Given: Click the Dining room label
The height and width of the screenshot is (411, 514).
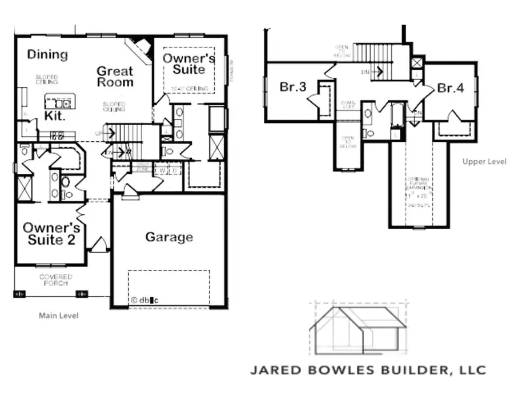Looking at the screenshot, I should click(x=48, y=55).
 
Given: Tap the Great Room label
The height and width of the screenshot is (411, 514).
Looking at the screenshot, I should click(x=115, y=77).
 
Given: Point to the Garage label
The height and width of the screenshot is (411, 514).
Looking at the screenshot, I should click(x=168, y=237).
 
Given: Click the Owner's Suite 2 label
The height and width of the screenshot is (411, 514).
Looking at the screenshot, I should click(x=49, y=234).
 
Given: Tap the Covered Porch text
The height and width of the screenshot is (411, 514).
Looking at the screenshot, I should click(x=55, y=280).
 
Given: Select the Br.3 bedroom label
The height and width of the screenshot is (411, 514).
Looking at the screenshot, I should click(x=294, y=87).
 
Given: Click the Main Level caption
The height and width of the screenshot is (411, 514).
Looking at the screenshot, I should click(x=58, y=316).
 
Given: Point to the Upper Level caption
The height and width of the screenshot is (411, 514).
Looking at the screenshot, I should click(x=484, y=162).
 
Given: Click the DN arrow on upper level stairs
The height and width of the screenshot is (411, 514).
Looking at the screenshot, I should click(x=375, y=72).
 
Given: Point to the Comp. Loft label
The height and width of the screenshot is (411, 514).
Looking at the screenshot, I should click(x=348, y=105).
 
